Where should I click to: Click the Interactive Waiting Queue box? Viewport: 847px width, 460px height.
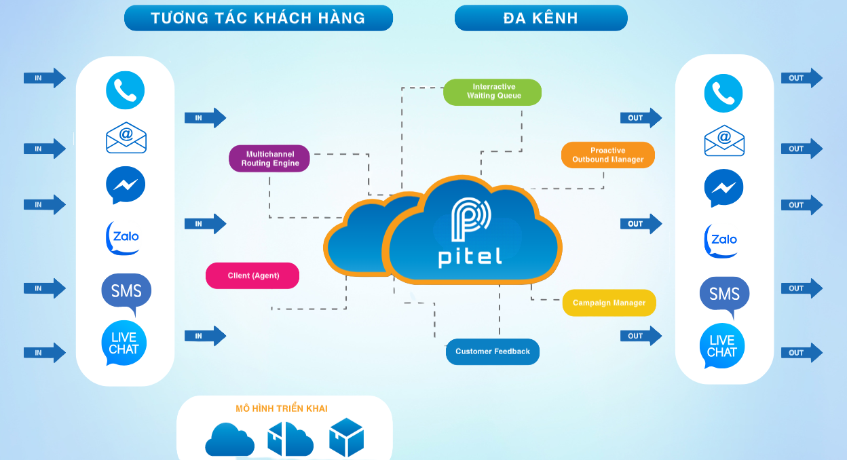(x=492, y=92)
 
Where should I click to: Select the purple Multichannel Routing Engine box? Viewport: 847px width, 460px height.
(x=269, y=159)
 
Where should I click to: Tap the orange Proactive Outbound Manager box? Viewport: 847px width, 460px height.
(x=607, y=155)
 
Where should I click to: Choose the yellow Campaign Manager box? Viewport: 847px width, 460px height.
(x=609, y=303)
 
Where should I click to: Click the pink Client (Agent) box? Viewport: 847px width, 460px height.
(x=252, y=275)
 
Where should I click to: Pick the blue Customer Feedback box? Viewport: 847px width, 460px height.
(x=492, y=351)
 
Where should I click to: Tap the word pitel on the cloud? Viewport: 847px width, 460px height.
(x=470, y=257)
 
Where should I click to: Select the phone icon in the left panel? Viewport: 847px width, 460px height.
(x=126, y=90)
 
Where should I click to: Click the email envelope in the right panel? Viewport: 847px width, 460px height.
(x=724, y=140)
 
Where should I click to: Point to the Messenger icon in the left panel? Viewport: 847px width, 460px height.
(x=126, y=185)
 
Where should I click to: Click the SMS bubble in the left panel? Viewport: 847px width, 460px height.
(x=126, y=292)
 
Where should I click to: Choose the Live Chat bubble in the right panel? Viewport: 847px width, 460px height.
(x=722, y=346)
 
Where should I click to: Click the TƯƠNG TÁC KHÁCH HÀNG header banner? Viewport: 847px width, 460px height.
(x=258, y=18)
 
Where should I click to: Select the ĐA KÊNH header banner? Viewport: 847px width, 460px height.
(x=540, y=18)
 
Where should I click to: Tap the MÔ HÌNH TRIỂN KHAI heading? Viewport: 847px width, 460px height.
(x=281, y=408)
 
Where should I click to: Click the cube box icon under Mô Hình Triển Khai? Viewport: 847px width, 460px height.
(x=346, y=437)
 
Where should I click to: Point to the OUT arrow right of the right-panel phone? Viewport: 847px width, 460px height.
(x=801, y=78)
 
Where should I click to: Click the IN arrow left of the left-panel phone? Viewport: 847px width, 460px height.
(x=44, y=78)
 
